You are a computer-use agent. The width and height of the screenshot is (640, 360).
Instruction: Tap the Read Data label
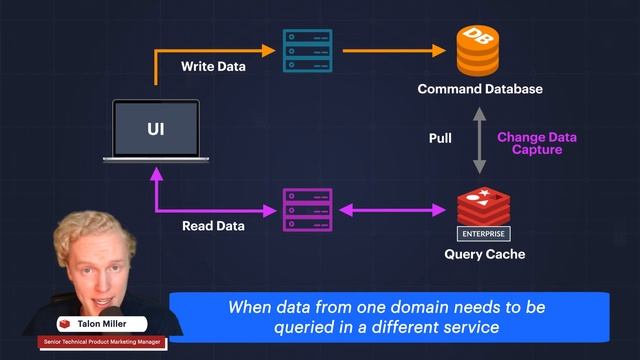coord(215,226)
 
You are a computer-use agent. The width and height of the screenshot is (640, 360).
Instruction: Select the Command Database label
coord(480,89)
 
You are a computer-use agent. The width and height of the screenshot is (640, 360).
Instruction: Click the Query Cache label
coord(484,254)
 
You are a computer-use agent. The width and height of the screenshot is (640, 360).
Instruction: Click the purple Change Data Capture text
coord(537,143)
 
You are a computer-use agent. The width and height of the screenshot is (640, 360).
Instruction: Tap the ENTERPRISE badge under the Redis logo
coord(484,234)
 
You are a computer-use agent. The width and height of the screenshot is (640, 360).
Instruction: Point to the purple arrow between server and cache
coord(391,210)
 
